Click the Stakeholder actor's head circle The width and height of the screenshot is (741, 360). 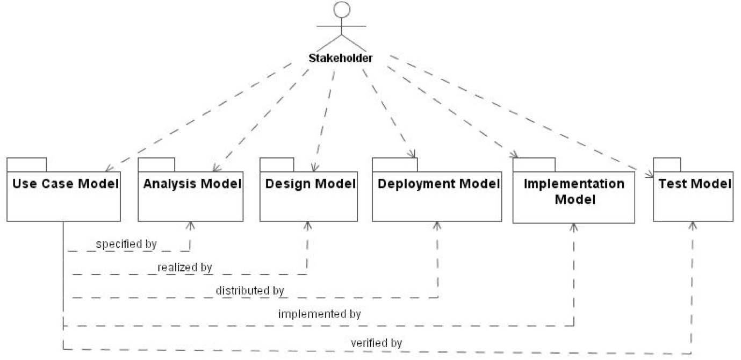pos(342,10)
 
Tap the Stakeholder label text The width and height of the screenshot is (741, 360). pos(340,58)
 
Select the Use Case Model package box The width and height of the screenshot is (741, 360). pos(63,196)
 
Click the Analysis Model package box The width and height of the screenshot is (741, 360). pos(191,196)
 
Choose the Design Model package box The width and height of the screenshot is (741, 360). pos(308,196)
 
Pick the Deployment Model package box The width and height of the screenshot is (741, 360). pos(438,196)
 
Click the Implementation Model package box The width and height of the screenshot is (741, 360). pos(573,197)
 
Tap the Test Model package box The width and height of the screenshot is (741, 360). pos(693,196)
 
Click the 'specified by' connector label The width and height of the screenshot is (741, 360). pos(126,244)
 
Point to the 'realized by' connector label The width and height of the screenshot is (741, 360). pos(185,267)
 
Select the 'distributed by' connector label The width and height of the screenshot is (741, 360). pos(250,291)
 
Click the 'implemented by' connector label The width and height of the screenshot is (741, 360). pos(319,313)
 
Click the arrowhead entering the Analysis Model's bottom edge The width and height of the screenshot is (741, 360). pos(191,225)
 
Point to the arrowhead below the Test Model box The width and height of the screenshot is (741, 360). pos(693,225)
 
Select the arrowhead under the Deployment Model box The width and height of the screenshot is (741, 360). pos(438,225)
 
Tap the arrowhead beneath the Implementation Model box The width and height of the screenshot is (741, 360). pos(573,227)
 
